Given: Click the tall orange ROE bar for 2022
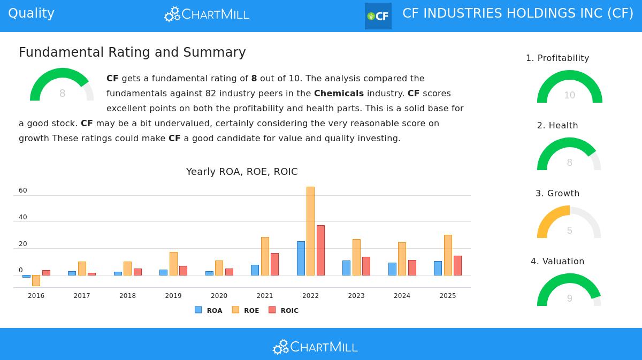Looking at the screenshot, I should click(310, 231).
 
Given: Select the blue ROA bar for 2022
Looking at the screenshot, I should click(301, 258).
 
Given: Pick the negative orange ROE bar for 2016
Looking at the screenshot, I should click(36, 280).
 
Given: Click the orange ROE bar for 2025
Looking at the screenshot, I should click(448, 255).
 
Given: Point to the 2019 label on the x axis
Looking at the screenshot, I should click(173, 296).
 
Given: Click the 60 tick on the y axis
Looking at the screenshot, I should click(23, 190).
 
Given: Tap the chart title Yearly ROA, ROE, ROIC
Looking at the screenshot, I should click(242, 172).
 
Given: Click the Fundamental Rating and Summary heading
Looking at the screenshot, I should click(132, 52).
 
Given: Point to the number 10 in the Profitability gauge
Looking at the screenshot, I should click(569, 95).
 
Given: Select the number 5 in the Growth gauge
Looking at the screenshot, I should click(569, 231).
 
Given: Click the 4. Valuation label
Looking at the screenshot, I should click(557, 261).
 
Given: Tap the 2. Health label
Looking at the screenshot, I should click(557, 126).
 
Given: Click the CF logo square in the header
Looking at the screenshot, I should click(378, 16).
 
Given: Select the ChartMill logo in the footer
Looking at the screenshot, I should click(315, 347).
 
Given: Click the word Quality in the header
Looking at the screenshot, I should click(31, 13).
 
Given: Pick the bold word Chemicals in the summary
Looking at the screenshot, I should click(339, 93).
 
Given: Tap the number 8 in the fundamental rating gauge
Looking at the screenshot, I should click(62, 94).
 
